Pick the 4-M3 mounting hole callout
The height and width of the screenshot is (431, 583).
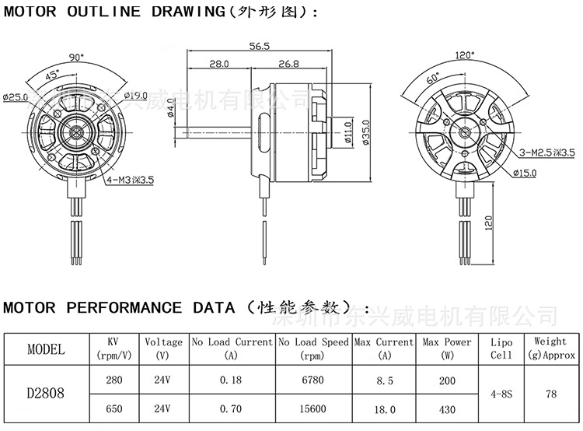[x=130, y=179]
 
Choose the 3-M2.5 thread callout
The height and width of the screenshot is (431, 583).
[x=547, y=152]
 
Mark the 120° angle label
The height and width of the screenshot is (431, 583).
[x=464, y=55]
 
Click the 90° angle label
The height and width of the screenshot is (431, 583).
[x=75, y=57]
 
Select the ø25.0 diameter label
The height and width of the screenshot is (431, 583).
[x=16, y=96]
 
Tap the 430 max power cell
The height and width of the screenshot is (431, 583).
[x=447, y=408]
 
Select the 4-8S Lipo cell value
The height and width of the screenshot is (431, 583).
[x=501, y=394]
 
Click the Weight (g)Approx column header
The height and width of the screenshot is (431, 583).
[x=550, y=348]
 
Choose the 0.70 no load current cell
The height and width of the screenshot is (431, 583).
[x=231, y=408]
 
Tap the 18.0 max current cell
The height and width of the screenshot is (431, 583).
[x=384, y=408]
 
